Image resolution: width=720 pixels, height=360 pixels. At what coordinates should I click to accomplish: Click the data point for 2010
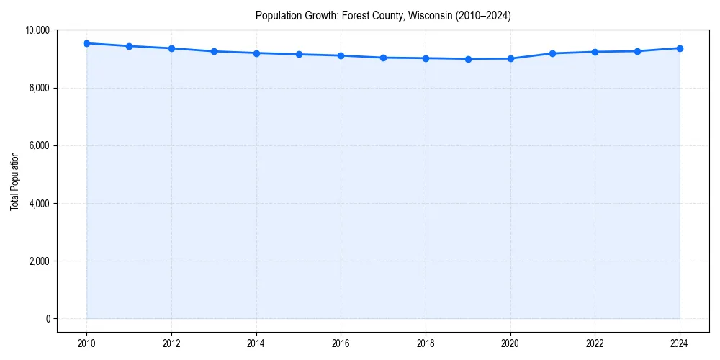[87, 43]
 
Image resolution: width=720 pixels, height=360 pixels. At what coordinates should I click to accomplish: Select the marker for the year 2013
[214, 51]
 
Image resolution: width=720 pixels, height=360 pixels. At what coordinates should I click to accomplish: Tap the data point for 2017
[383, 58]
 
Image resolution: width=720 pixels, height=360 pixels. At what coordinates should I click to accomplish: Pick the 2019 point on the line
[468, 59]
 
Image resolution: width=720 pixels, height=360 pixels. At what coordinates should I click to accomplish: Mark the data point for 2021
[553, 53]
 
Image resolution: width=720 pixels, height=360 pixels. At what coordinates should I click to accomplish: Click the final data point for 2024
[680, 48]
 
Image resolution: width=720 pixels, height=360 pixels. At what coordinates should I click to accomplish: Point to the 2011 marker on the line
[129, 46]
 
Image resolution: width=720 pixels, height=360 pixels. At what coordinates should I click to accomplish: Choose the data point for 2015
[299, 55]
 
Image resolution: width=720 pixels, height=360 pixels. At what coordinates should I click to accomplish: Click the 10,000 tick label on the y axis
[37, 30]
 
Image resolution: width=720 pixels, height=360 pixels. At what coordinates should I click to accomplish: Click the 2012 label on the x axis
[171, 343]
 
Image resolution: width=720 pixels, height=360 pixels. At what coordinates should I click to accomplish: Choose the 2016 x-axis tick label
[341, 343]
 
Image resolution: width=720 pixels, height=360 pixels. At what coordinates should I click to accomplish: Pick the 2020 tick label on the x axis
[510, 343]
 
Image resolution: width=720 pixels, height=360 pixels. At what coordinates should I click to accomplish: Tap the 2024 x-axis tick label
[680, 343]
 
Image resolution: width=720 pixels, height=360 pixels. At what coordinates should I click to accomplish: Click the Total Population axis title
[14, 181]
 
